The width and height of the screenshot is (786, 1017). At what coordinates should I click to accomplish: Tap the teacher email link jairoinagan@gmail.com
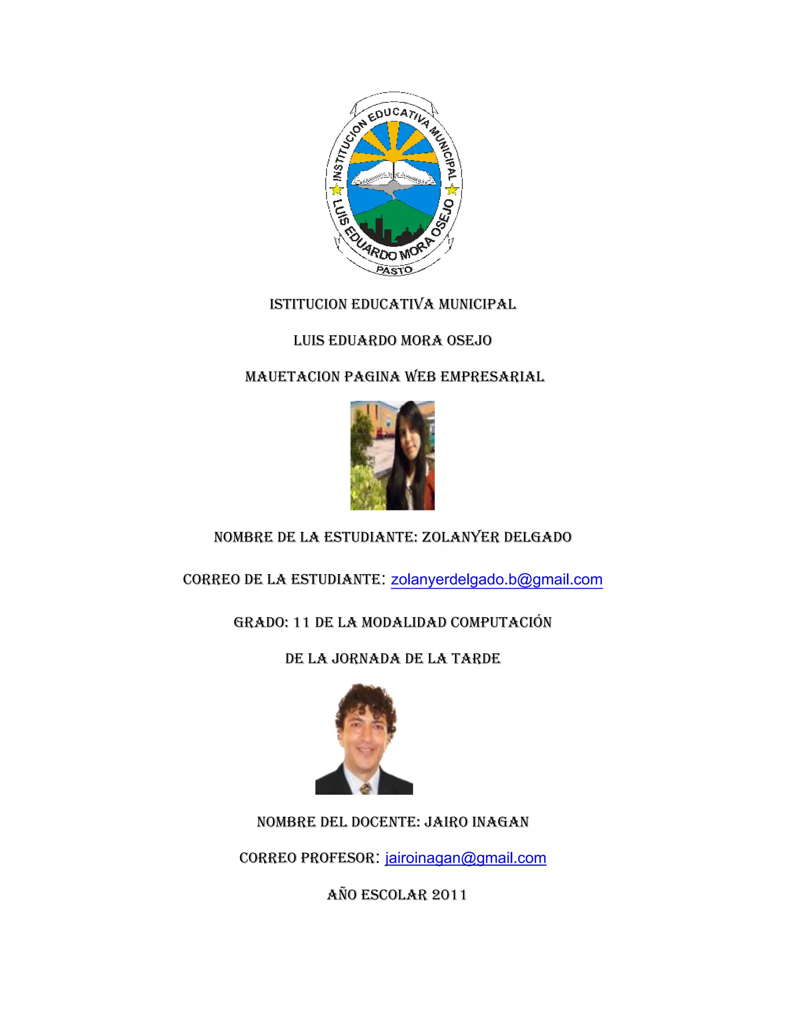pos(466,858)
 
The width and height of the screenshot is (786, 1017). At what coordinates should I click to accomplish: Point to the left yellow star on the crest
pos(336,190)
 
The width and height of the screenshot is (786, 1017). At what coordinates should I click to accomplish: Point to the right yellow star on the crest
pos(451,190)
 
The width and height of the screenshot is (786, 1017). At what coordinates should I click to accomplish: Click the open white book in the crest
pos(393,173)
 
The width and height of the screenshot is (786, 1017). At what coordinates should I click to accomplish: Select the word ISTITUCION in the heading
pos(308,305)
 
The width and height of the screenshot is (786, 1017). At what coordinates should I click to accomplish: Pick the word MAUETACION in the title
pos(292,377)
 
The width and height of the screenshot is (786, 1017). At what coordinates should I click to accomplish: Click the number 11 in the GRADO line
pos(302,622)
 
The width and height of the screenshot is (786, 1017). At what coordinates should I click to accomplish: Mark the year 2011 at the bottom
pos(449,895)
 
